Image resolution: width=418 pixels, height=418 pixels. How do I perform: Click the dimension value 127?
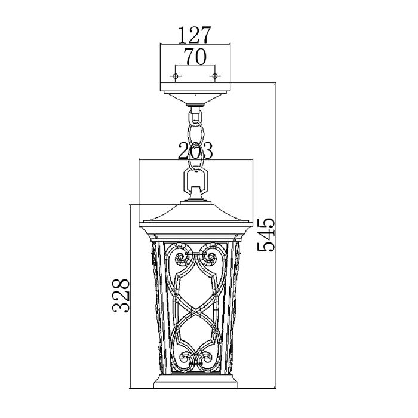pos(195,35)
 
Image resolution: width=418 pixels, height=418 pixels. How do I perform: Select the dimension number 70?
pos(195,57)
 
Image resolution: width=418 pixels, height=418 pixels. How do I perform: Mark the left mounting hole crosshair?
pos(176,76)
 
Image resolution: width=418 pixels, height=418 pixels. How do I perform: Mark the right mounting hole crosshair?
pos(215,76)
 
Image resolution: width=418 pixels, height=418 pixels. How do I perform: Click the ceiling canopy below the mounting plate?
pos(195,98)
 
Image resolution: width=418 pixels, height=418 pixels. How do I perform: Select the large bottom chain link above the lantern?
pos(195,179)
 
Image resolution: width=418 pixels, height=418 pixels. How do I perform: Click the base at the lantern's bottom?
pos(195,382)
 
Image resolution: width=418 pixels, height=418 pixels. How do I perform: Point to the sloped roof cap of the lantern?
pos(195,215)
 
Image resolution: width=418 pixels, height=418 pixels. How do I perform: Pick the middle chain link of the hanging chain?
pos(196,141)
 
